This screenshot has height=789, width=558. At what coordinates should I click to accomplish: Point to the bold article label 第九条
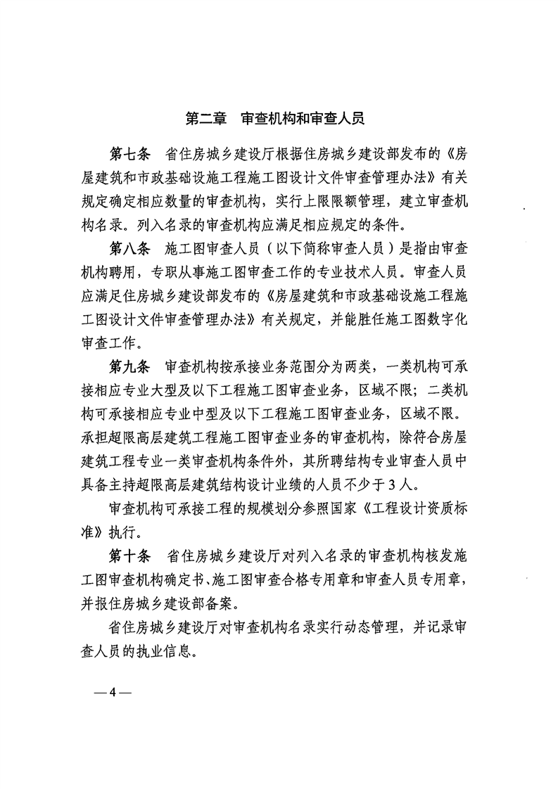131,367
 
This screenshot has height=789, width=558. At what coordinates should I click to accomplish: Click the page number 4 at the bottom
112,692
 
